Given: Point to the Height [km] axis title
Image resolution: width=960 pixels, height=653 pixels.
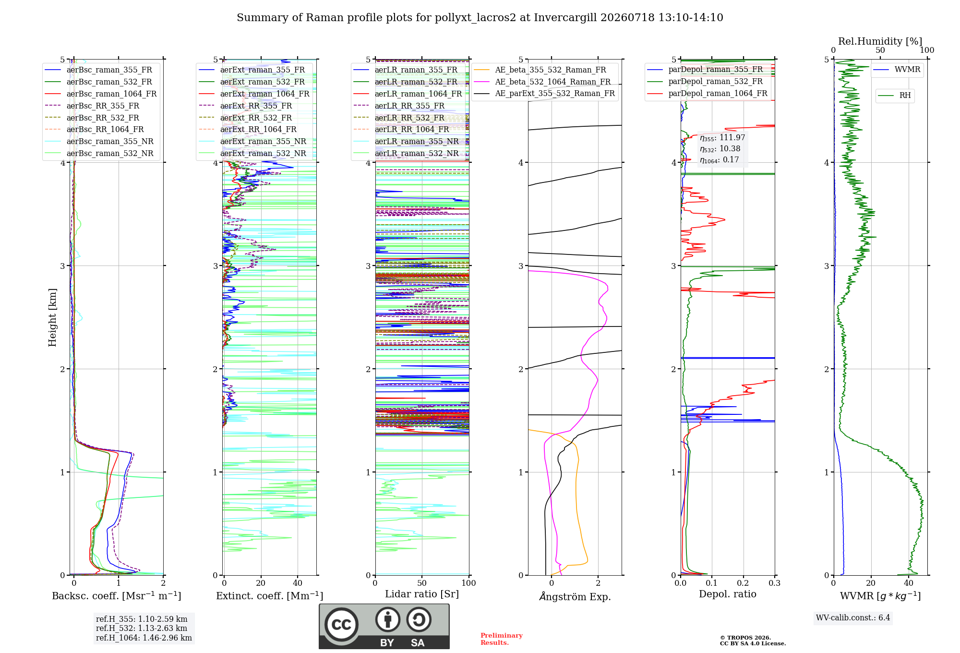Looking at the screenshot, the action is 52,317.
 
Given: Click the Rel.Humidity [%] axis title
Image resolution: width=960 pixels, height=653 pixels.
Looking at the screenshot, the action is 880,41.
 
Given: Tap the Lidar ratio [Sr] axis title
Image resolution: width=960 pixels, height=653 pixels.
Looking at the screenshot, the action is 422,594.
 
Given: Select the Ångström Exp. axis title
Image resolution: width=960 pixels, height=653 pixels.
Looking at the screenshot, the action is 575,596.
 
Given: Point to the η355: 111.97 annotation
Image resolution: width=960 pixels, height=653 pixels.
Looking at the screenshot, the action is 722,138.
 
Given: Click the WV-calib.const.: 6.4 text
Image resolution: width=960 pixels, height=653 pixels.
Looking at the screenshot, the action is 853,617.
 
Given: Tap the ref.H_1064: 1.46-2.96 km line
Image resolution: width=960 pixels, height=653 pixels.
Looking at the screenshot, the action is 144,638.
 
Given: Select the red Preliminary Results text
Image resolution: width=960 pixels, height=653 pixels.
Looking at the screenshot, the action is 502,639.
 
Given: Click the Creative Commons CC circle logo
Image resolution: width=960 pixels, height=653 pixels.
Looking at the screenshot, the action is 341,625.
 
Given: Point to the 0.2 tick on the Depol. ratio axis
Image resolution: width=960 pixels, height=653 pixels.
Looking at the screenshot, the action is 743,583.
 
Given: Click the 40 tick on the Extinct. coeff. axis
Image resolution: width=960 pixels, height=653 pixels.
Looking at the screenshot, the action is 298,583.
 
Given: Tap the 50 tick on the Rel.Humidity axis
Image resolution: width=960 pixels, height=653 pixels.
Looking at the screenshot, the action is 880,50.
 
